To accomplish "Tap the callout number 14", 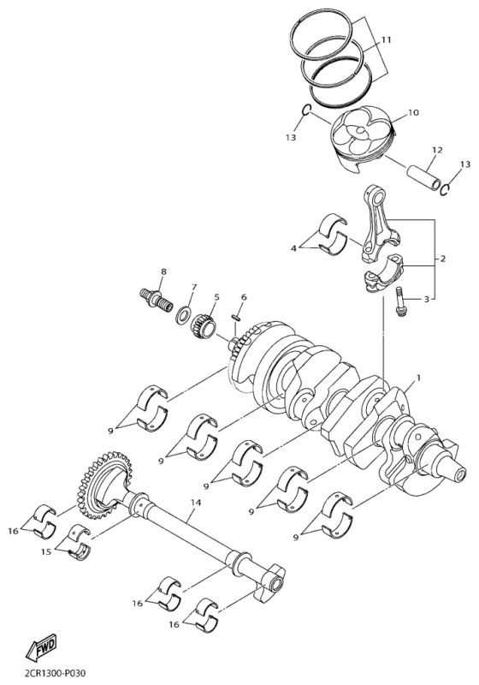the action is click(195, 503).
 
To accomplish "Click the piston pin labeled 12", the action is click(423, 177).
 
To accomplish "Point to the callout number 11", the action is click(386, 40).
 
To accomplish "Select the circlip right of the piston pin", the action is click(445, 190).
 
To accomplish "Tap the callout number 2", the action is click(442, 259).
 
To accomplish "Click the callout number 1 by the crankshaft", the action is click(419, 377).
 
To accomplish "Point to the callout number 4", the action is click(293, 248).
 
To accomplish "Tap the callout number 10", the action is click(413, 113).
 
